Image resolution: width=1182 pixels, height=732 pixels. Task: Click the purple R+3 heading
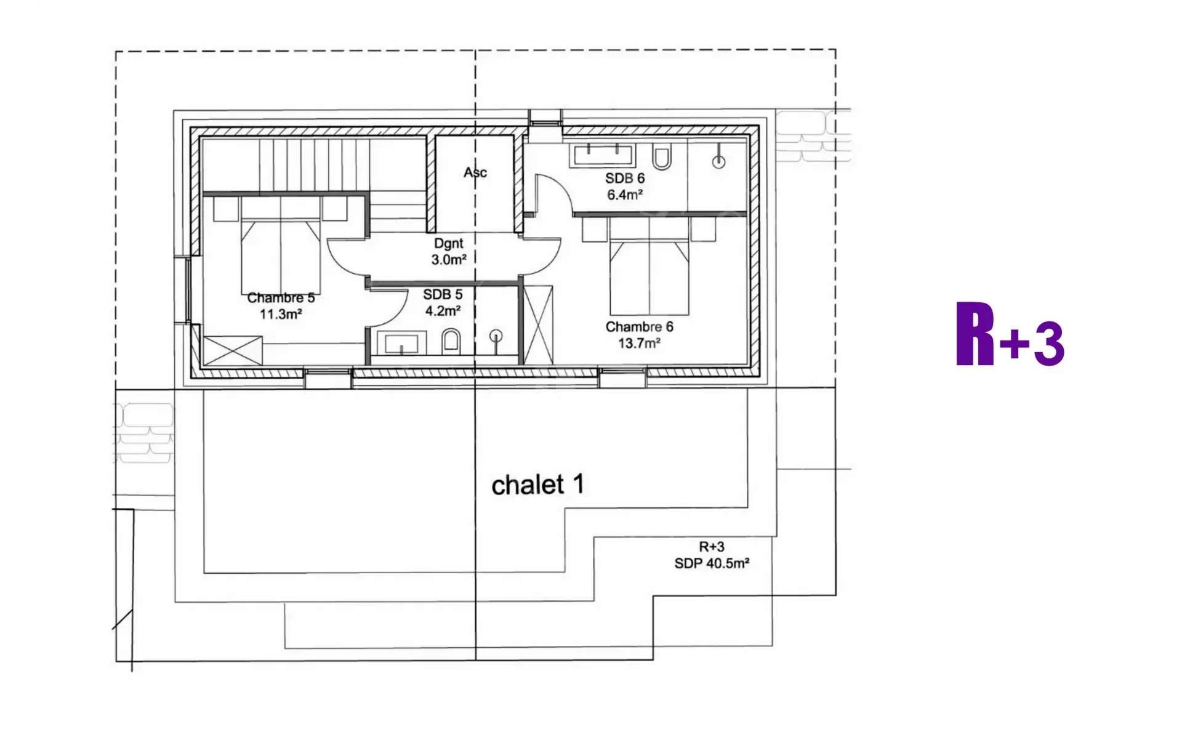1010,336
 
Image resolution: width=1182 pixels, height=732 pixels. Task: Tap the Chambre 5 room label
281,298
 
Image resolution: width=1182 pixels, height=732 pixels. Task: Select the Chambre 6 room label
639,327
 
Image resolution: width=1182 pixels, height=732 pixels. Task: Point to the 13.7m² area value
639,344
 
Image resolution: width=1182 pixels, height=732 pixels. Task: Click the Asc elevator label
475,172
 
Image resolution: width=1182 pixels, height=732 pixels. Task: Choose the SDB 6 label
624,179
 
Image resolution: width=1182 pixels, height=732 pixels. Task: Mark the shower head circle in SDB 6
718,162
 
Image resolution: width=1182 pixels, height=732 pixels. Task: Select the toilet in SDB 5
451,341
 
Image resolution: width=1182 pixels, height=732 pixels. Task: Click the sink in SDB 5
401,343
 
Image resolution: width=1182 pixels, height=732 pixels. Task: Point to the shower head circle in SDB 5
496,336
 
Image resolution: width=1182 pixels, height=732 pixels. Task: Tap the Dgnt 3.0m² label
448,252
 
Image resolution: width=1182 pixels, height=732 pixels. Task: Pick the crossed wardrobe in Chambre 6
537,324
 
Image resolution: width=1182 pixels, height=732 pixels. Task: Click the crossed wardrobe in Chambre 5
232,351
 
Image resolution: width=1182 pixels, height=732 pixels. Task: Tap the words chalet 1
537,485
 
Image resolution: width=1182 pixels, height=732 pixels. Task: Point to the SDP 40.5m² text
711,563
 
